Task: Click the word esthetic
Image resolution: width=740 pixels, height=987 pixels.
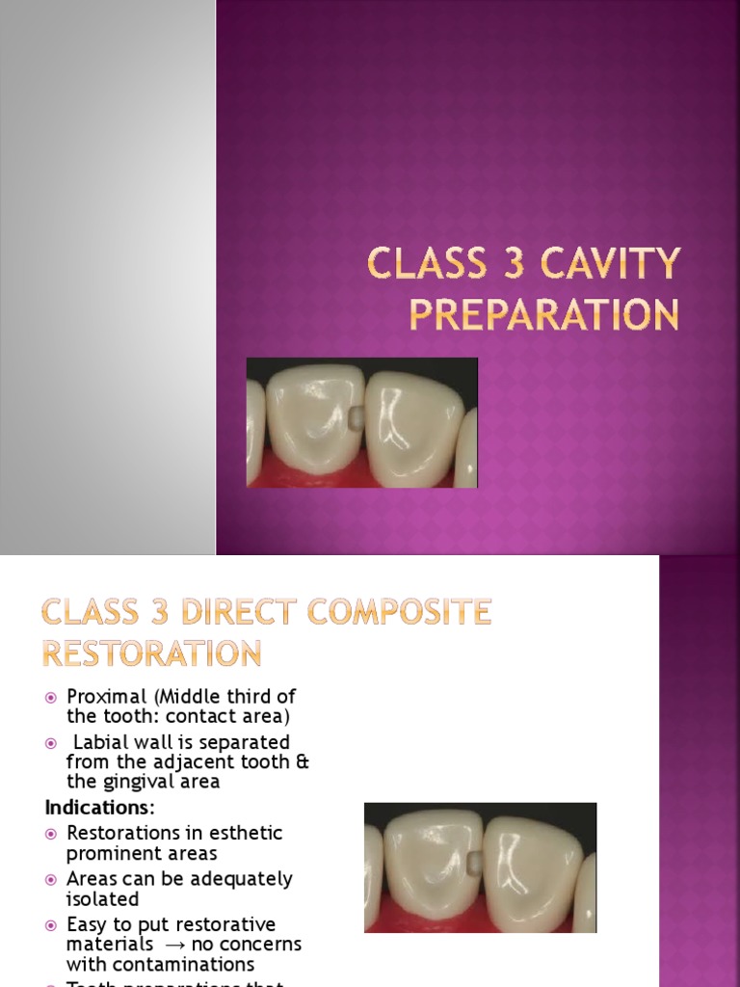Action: point(250,833)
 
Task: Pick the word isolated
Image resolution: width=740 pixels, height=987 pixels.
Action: point(102,898)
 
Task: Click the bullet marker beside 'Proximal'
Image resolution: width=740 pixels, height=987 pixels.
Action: point(52,697)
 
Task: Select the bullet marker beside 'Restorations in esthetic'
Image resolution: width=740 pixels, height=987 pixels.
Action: point(52,833)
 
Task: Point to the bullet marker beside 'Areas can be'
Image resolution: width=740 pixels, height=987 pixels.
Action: point(52,879)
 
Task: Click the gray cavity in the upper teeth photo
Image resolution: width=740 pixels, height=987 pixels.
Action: point(356,417)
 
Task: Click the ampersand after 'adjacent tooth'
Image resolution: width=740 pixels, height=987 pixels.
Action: point(304,762)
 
